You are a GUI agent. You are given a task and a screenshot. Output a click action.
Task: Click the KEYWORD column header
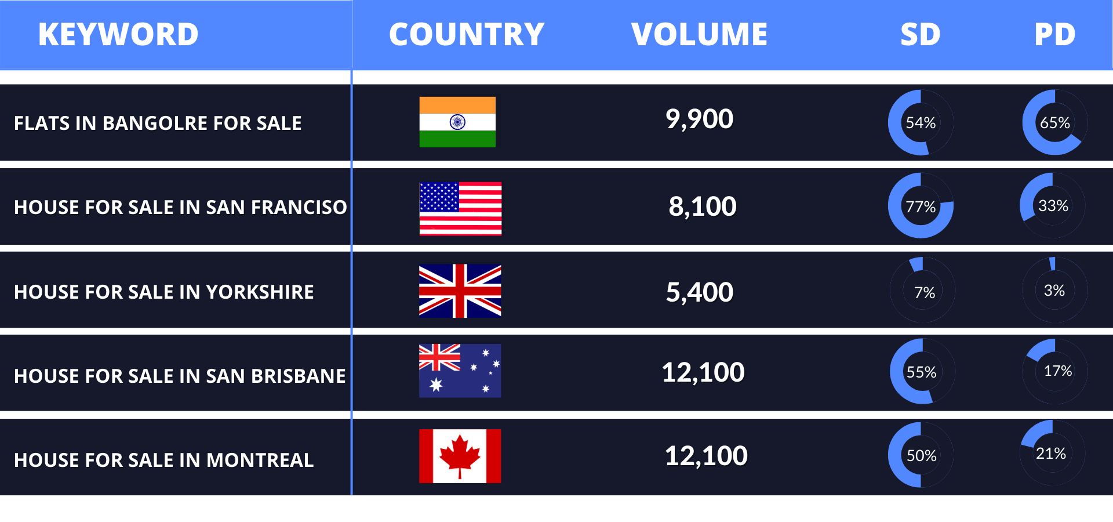coord(118,34)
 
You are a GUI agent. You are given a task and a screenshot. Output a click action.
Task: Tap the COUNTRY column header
coord(467,34)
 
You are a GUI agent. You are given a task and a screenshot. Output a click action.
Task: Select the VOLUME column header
coord(699,34)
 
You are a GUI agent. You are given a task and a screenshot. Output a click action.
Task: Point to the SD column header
coord(921,34)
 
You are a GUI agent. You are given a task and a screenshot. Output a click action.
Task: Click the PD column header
coord(1055,34)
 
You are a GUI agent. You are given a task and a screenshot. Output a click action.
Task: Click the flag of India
coord(457,122)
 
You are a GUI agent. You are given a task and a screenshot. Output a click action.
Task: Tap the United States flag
coord(460,208)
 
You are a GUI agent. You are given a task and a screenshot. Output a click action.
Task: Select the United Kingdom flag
coord(460,291)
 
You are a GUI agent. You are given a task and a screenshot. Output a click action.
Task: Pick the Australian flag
coord(460,371)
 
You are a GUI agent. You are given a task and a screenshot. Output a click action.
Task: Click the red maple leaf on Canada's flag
coord(460,456)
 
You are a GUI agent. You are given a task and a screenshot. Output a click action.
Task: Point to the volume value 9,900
coord(699,119)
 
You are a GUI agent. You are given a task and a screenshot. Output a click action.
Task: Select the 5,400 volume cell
coord(700,292)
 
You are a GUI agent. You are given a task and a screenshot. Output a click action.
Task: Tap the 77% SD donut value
coord(921,207)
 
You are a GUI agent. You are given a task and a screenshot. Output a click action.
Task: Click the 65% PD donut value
coord(1055,123)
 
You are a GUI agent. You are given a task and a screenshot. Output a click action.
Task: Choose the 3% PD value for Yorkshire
coord(1054,291)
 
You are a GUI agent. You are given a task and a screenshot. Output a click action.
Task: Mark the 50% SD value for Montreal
coord(922,456)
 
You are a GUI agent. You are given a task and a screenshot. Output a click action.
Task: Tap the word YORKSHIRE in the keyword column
coord(260,292)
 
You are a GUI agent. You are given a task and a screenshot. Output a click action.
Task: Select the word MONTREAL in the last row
coord(260,461)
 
